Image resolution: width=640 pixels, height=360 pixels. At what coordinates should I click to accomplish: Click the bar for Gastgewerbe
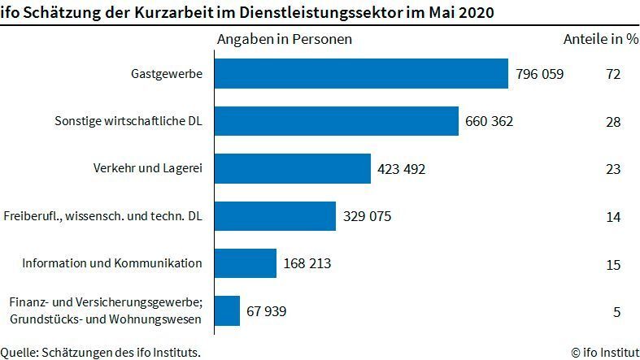[361, 74]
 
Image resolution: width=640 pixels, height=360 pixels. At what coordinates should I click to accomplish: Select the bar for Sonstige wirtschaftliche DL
[337, 121]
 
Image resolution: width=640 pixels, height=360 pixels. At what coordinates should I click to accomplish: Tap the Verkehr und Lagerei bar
[293, 169]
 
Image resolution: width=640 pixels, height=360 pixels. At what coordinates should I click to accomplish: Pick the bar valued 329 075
[275, 216]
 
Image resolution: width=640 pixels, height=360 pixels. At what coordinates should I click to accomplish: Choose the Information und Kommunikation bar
[246, 263]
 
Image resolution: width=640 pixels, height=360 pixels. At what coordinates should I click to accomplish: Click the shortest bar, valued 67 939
[227, 310]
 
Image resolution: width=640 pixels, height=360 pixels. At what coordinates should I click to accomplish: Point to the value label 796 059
[539, 75]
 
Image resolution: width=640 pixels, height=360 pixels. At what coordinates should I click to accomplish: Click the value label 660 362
[490, 122]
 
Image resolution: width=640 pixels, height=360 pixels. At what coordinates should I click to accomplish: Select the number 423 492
[402, 169]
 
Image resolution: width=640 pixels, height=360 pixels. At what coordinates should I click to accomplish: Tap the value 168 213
[307, 263]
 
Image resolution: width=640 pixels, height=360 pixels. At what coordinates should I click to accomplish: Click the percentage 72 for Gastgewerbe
[613, 75]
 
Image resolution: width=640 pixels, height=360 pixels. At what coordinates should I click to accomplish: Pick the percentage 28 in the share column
[613, 122]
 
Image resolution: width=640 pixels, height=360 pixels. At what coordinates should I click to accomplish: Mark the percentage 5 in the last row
[617, 310]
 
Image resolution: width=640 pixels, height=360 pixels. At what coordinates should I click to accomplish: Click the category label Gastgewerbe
[167, 75]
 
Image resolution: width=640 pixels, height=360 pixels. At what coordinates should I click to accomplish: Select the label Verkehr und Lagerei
[147, 169]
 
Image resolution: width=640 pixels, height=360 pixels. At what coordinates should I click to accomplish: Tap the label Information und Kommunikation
[112, 263]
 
